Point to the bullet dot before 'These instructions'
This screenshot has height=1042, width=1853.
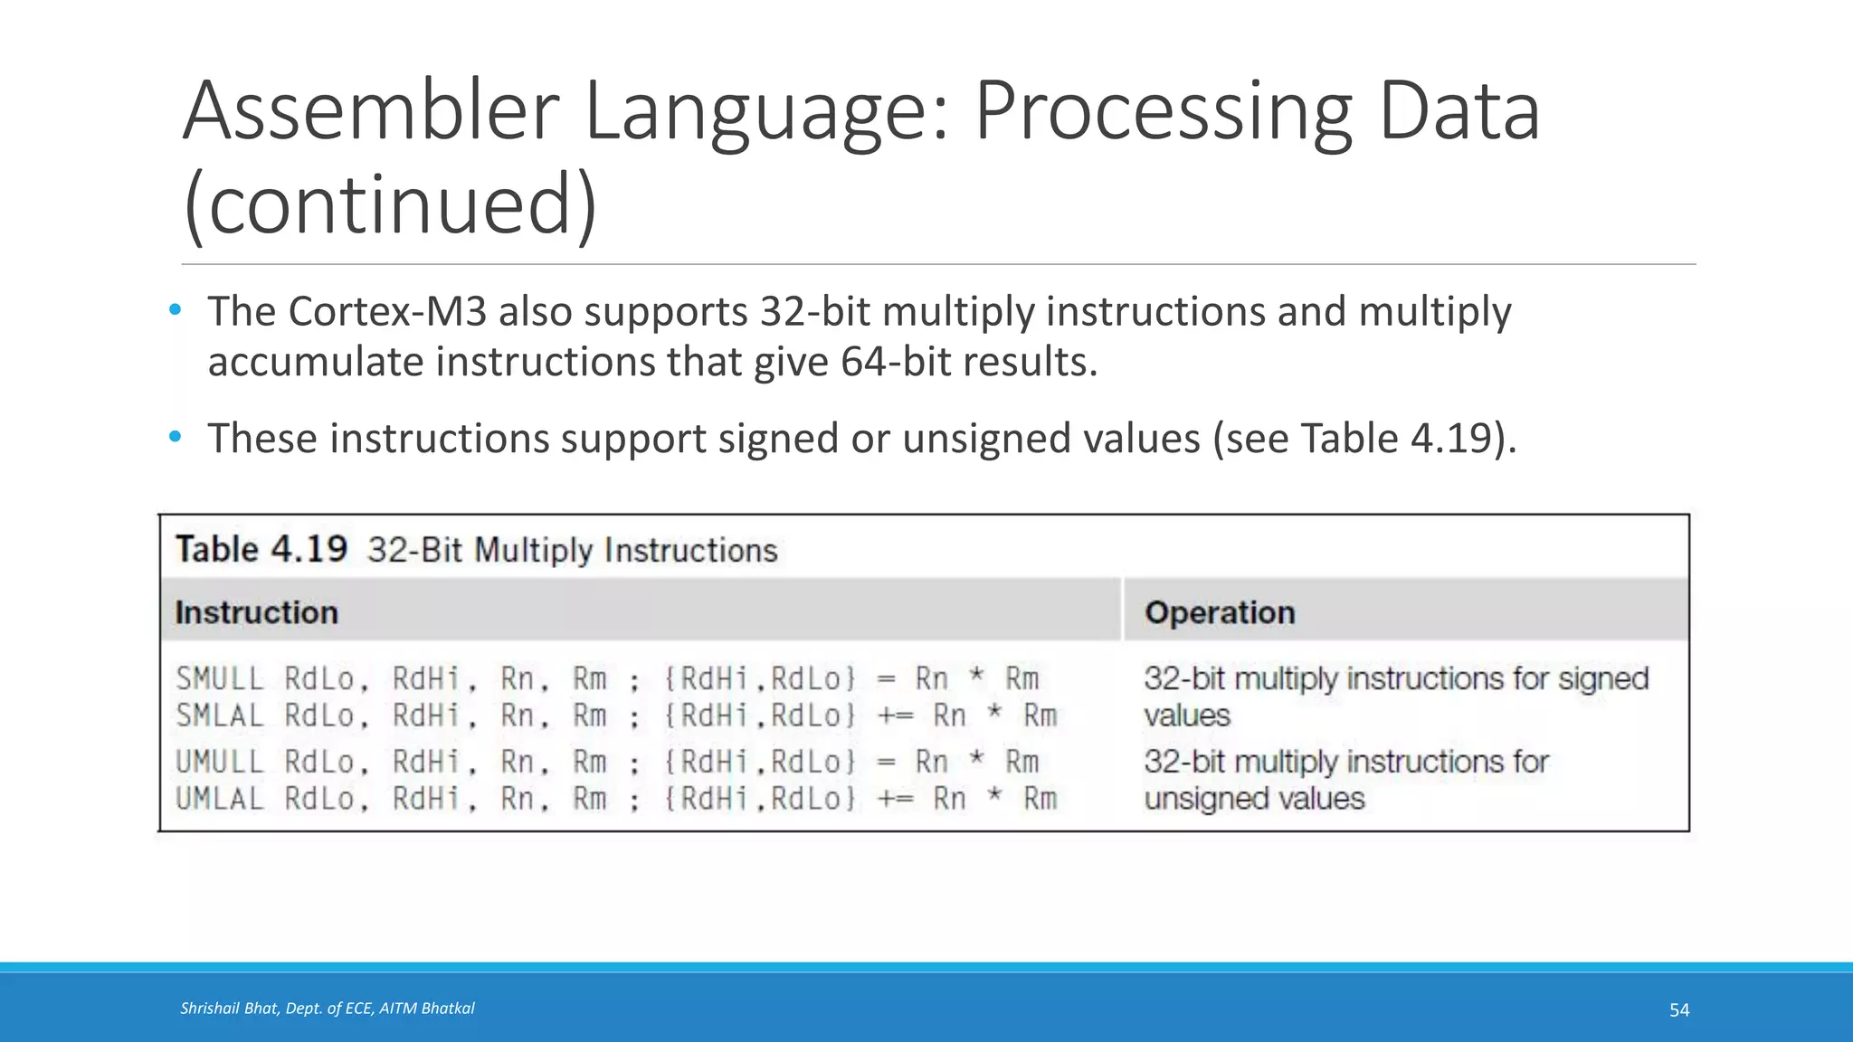pyautogui.click(x=176, y=438)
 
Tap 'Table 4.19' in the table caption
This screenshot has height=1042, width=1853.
pyautogui.click(x=261, y=549)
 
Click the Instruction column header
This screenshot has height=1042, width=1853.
pyautogui.click(x=256, y=612)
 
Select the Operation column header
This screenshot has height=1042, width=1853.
pyautogui.click(x=1220, y=612)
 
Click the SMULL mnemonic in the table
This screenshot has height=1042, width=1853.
pyautogui.click(x=220, y=678)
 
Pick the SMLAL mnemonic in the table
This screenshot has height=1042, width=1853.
pyautogui.click(x=220, y=716)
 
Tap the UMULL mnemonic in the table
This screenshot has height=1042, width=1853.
pyautogui.click(x=220, y=763)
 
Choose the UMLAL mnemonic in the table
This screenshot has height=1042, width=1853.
pyautogui.click(x=220, y=800)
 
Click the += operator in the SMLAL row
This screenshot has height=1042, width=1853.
pyautogui.click(x=896, y=716)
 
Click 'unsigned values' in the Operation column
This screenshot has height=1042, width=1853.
pyautogui.click(x=1254, y=800)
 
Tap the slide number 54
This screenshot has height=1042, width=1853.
pyautogui.click(x=1679, y=1009)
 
